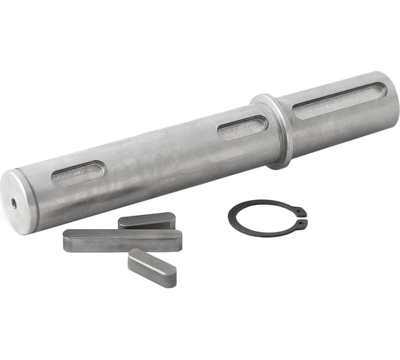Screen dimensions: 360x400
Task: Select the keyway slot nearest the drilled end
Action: [x=78, y=173]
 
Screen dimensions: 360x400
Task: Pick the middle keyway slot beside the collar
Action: [x=242, y=127]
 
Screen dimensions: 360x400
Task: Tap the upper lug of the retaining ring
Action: [x=302, y=212]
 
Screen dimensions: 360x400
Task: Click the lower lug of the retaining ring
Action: [x=303, y=225]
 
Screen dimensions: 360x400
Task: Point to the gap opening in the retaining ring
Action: [x=305, y=219]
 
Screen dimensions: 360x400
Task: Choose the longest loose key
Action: [x=121, y=240]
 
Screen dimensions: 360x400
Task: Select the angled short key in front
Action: [x=151, y=267]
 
